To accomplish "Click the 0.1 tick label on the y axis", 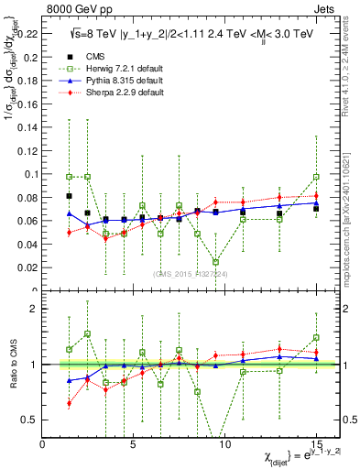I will coord(31,173).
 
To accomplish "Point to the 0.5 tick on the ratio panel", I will coord(31,420).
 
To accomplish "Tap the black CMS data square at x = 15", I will coord(316,209).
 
